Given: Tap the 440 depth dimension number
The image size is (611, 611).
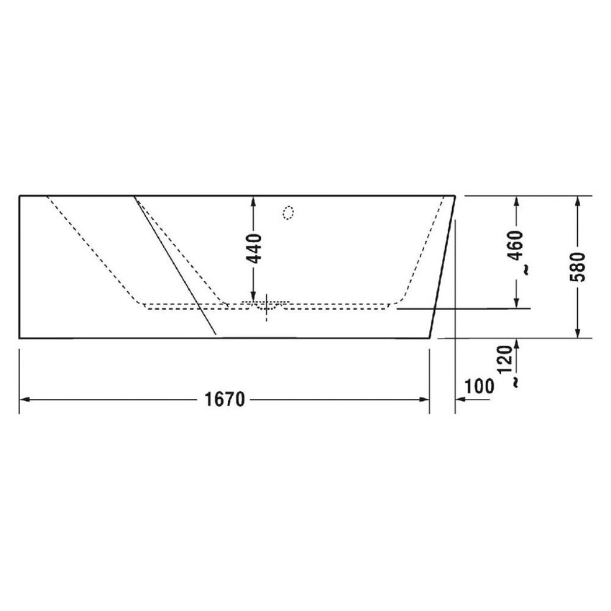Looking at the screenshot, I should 255,248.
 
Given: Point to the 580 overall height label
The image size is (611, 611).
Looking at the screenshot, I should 580,265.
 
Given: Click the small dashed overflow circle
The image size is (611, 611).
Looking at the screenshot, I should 288,212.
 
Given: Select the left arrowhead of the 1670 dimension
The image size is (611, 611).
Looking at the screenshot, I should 23,399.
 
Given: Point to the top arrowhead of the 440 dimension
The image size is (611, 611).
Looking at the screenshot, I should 253,201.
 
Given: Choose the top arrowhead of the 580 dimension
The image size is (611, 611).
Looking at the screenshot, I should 578,202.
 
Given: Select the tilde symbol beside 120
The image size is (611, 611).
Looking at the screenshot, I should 515,382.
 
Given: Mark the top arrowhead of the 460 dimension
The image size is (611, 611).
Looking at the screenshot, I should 515,202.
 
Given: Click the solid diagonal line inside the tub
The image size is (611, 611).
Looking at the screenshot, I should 176,266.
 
